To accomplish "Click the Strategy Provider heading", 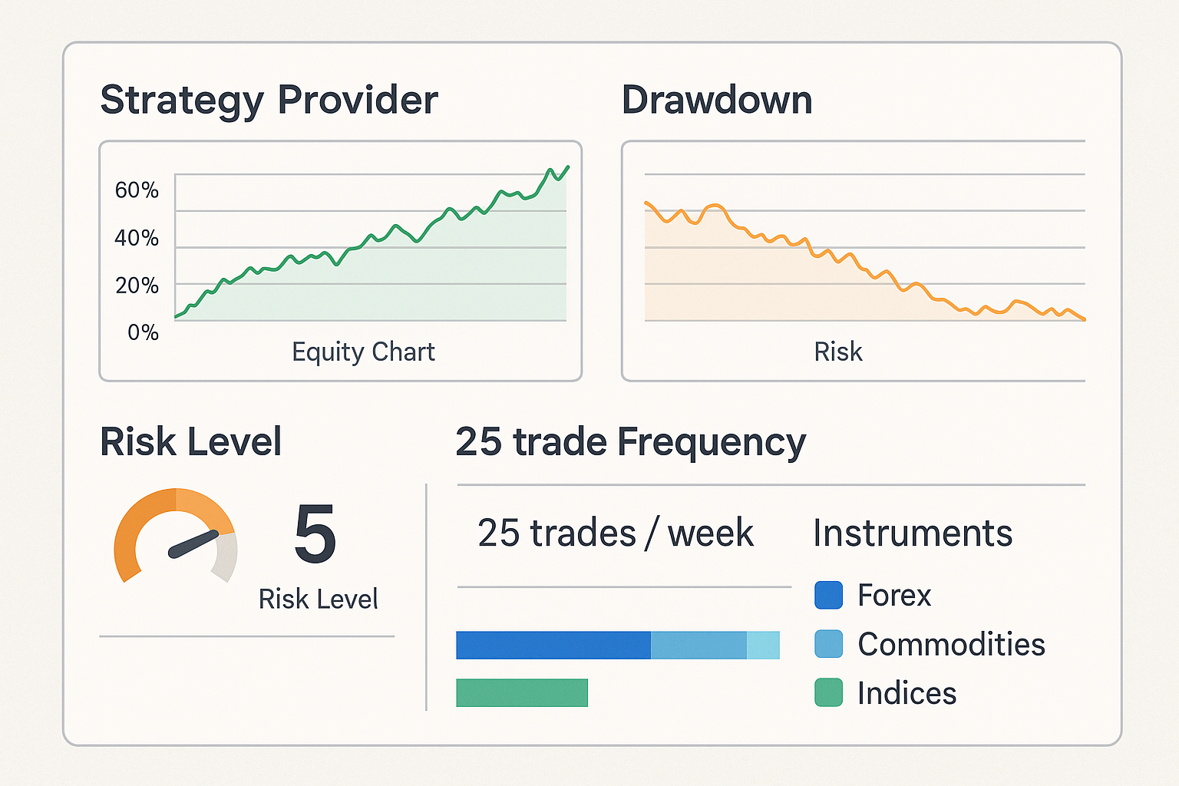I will [269, 101].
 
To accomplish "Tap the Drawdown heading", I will [717, 101].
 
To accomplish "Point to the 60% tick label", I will [137, 190].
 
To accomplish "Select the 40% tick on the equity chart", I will [137, 238].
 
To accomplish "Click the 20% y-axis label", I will [137, 286].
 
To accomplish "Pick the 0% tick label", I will [143, 332].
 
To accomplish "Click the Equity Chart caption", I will [363, 352].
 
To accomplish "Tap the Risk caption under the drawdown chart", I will [837, 352].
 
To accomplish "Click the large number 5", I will [315, 534].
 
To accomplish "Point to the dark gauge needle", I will [193, 543].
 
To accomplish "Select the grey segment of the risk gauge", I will [225, 556].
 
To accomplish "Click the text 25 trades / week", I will [616, 533].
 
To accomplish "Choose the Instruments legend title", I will [913, 533].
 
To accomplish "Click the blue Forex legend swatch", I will [828, 595].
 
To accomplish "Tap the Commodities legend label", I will [951, 644].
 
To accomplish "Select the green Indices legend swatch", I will [828, 692].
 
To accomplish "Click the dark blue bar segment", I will [553, 646].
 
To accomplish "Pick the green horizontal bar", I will [522, 692].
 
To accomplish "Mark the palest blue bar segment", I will [763, 646].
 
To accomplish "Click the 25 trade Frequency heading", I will [630, 442].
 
